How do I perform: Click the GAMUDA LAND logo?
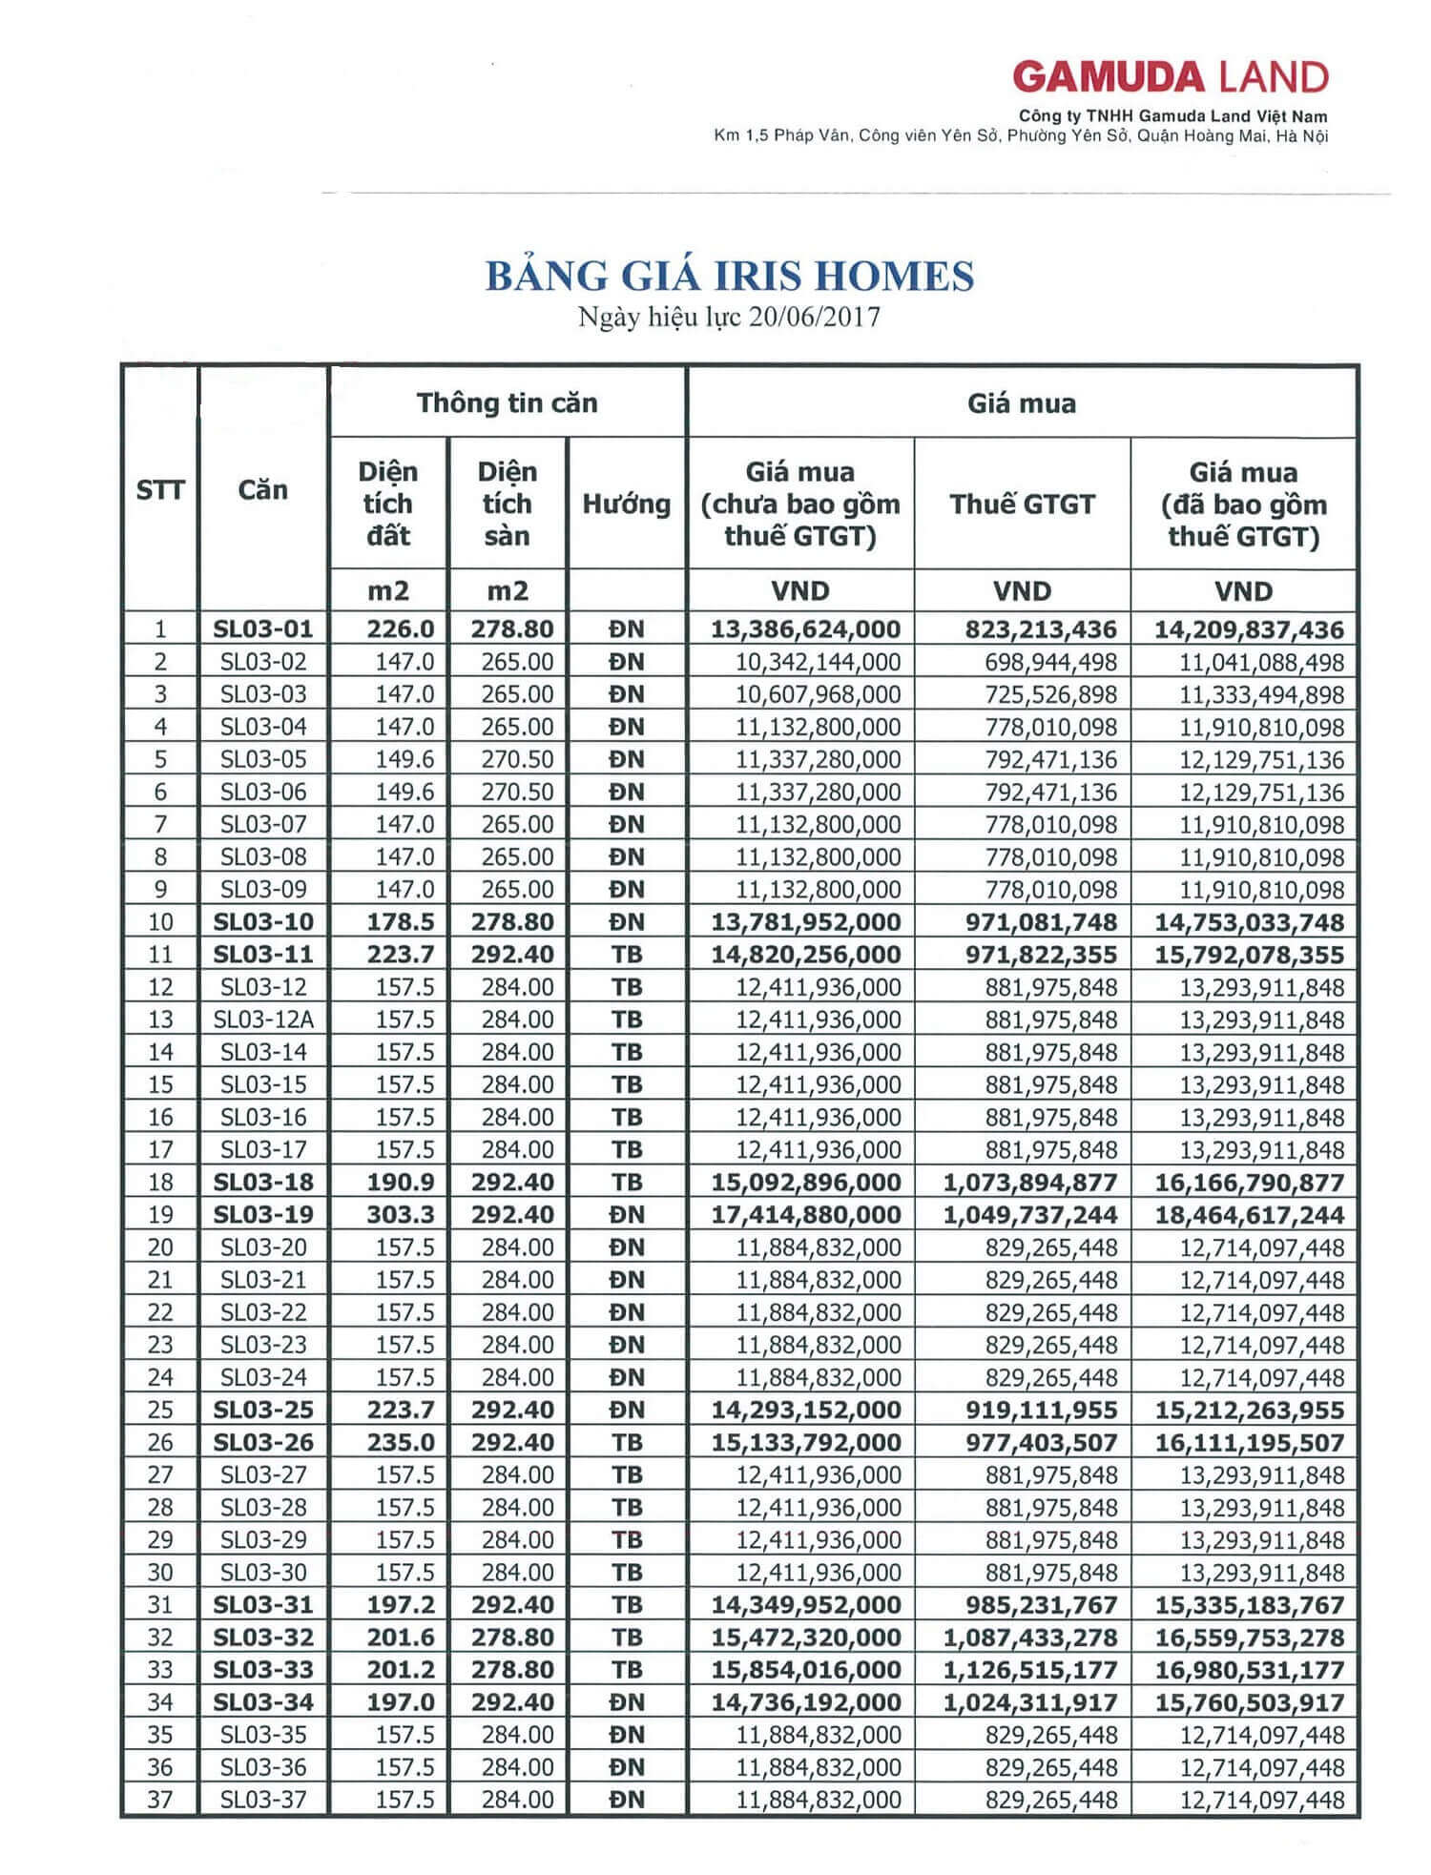pos(1170,77)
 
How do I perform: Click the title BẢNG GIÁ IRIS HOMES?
pos(730,277)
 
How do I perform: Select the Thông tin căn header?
pos(507,402)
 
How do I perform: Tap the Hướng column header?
pos(626,504)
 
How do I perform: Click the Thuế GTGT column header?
pos(1022,504)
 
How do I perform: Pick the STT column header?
pos(159,490)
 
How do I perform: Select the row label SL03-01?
pos(263,629)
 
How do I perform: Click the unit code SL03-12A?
pos(263,1020)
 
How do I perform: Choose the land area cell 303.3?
pos(401,1215)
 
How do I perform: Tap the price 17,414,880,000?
pos(806,1215)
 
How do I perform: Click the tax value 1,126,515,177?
pos(1030,1670)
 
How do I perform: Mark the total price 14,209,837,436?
pos(1249,629)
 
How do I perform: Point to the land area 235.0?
pos(401,1442)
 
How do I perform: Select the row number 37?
pos(159,1800)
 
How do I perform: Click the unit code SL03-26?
pos(263,1442)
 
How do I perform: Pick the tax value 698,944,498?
pos(1050,662)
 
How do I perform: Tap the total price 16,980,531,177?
pos(1249,1670)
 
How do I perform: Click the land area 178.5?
pos(401,922)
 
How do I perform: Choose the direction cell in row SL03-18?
pos(627,1183)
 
